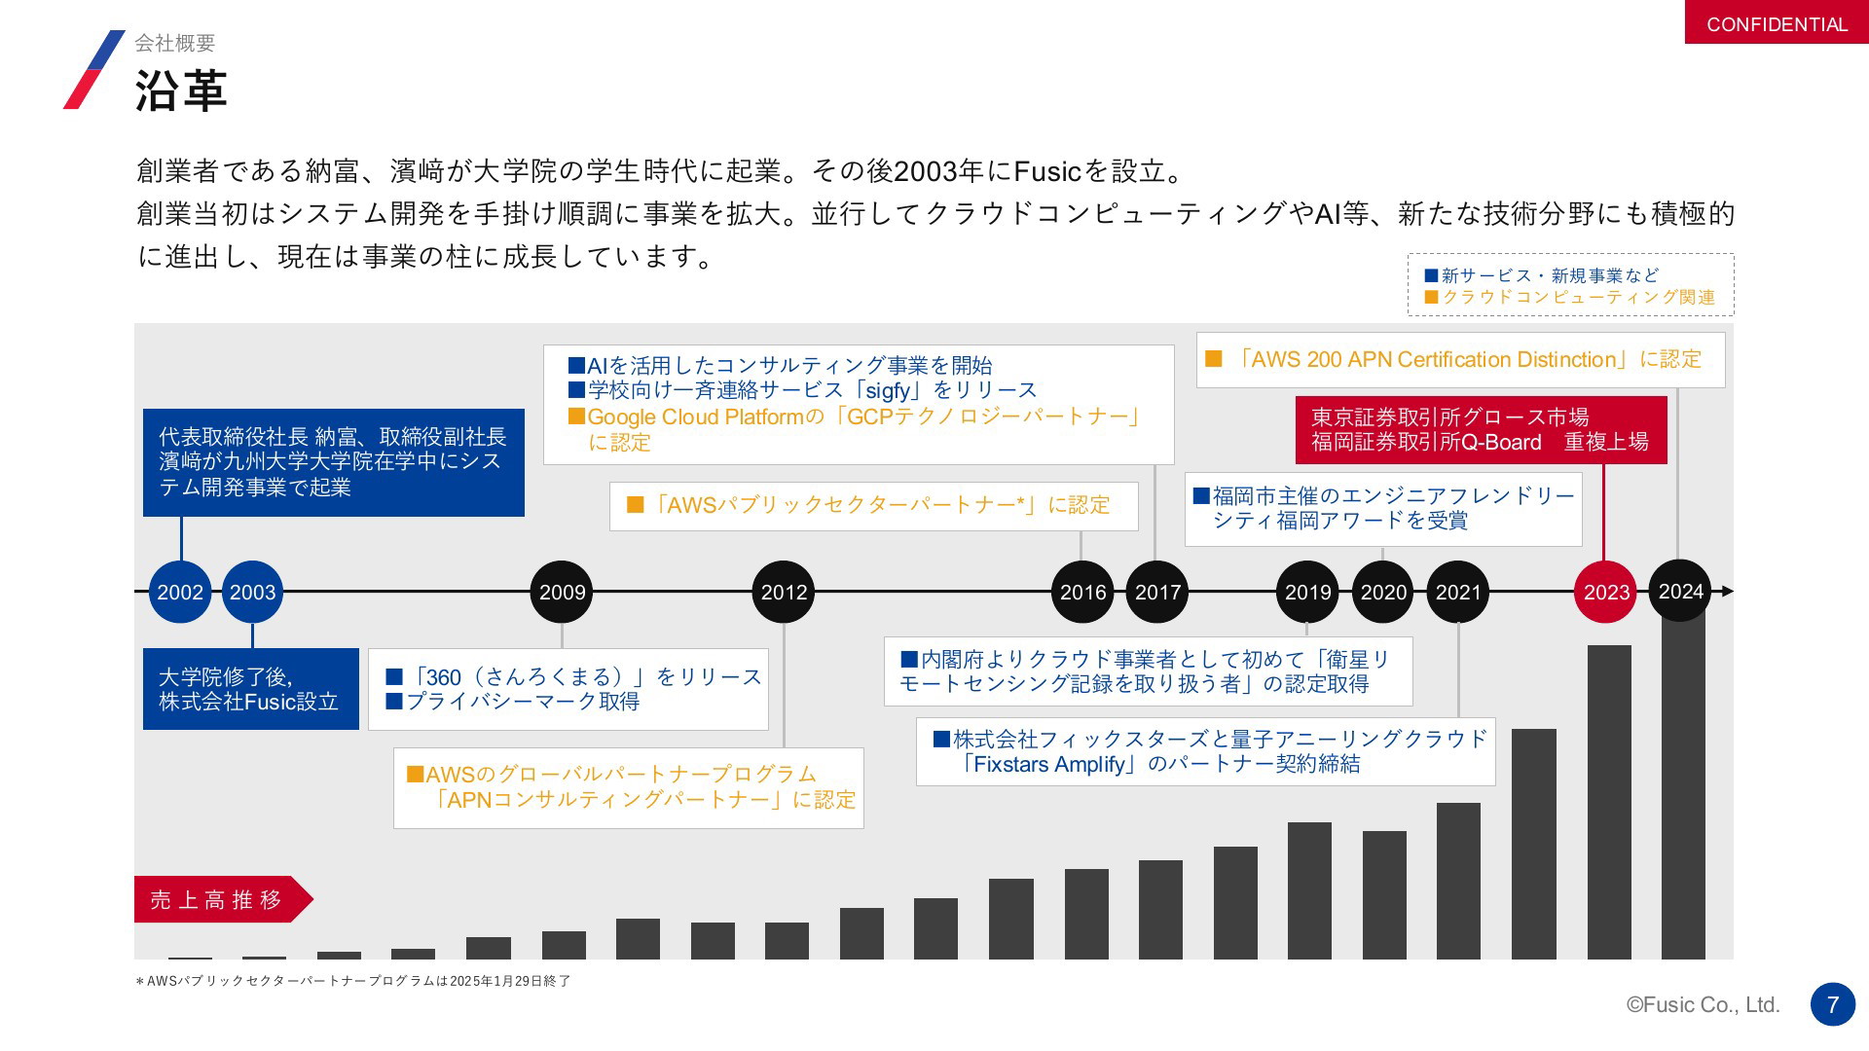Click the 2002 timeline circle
click(x=180, y=592)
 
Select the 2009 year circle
click(x=562, y=592)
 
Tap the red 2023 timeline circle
click(x=1605, y=592)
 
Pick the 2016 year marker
click(x=1082, y=592)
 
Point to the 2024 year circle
click(x=1680, y=591)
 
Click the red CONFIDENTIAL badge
click(x=1777, y=22)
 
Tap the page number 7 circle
click(x=1833, y=1004)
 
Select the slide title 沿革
click(x=181, y=91)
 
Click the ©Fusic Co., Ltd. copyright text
click(x=1704, y=1004)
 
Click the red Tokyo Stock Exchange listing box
click(x=1481, y=429)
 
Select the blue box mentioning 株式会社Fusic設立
click(x=251, y=689)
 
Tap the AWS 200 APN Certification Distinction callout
click(x=1460, y=360)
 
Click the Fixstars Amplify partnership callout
click(x=1205, y=751)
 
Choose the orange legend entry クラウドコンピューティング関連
click(x=1569, y=297)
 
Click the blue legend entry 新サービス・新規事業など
click(x=1541, y=275)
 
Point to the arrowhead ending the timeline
click(x=1728, y=592)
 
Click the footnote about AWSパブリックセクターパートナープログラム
click(x=353, y=981)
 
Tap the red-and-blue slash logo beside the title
click(x=94, y=69)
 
